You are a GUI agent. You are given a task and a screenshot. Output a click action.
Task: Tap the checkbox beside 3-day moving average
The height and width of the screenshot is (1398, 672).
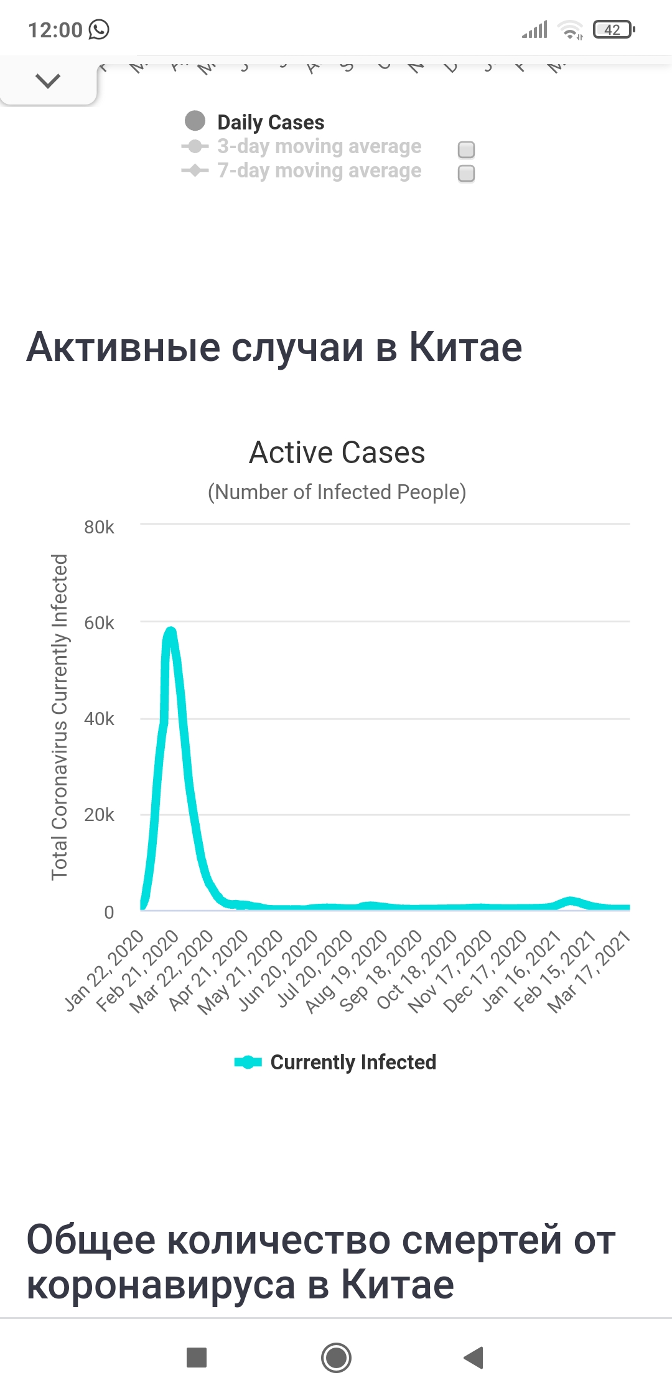tap(466, 149)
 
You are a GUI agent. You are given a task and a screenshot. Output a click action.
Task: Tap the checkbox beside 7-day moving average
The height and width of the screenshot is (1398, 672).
tap(466, 173)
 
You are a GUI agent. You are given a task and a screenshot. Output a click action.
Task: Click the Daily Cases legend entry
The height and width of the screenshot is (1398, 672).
tap(270, 122)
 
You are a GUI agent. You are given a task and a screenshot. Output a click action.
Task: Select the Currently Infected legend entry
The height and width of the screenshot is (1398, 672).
tap(353, 1062)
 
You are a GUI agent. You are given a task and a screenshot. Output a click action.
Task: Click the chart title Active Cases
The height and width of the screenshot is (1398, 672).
tap(337, 453)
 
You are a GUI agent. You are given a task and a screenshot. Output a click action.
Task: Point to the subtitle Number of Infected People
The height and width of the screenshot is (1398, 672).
tap(337, 492)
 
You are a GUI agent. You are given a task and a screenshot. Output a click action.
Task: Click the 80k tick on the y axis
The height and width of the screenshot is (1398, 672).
tap(99, 527)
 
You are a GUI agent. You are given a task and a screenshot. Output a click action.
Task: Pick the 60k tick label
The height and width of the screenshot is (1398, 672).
tap(99, 623)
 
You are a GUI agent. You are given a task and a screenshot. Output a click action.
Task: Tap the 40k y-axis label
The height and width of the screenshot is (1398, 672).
tap(99, 719)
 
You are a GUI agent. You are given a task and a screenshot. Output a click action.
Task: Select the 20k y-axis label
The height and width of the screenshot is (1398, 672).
tap(99, 815)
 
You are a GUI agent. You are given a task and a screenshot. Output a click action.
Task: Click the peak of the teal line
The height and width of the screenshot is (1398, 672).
tap(170, 631)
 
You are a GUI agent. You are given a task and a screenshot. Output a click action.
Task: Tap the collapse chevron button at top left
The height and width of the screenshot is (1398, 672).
tap(48, 81)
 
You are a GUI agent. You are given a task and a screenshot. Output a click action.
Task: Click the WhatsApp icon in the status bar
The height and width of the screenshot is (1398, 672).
tap(99, 29)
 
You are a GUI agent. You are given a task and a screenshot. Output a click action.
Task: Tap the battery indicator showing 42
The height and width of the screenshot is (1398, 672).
tap(613, 29)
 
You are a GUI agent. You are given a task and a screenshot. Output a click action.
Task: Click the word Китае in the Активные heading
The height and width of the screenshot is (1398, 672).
tap(465, 347)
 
